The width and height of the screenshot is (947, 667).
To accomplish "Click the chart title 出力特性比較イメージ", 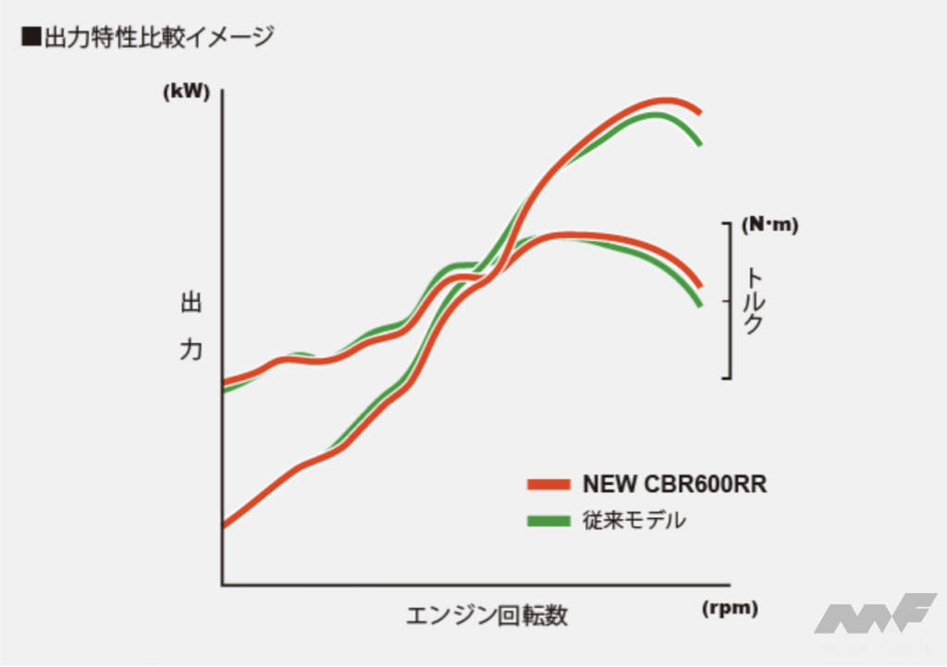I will (159, 38).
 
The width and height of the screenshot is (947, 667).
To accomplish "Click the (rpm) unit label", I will (730, 608).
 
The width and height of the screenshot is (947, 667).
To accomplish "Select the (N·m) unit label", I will (769, 224).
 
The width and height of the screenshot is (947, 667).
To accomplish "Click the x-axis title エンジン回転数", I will (486, 615).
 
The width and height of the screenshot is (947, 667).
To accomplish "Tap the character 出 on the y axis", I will (191, 304).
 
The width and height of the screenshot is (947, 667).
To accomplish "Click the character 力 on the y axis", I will (191, 351).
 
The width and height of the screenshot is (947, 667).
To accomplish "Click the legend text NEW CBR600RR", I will (674, 484).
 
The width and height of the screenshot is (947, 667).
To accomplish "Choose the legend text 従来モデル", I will (634, 520).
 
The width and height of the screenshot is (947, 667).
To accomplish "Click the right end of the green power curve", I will (700, 143).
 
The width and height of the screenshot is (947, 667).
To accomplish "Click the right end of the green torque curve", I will (700, 303).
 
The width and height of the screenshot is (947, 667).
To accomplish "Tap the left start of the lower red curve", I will (226, 525).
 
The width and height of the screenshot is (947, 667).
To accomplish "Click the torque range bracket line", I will (732, 300).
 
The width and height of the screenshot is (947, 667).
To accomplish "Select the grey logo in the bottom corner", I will (874, 614).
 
